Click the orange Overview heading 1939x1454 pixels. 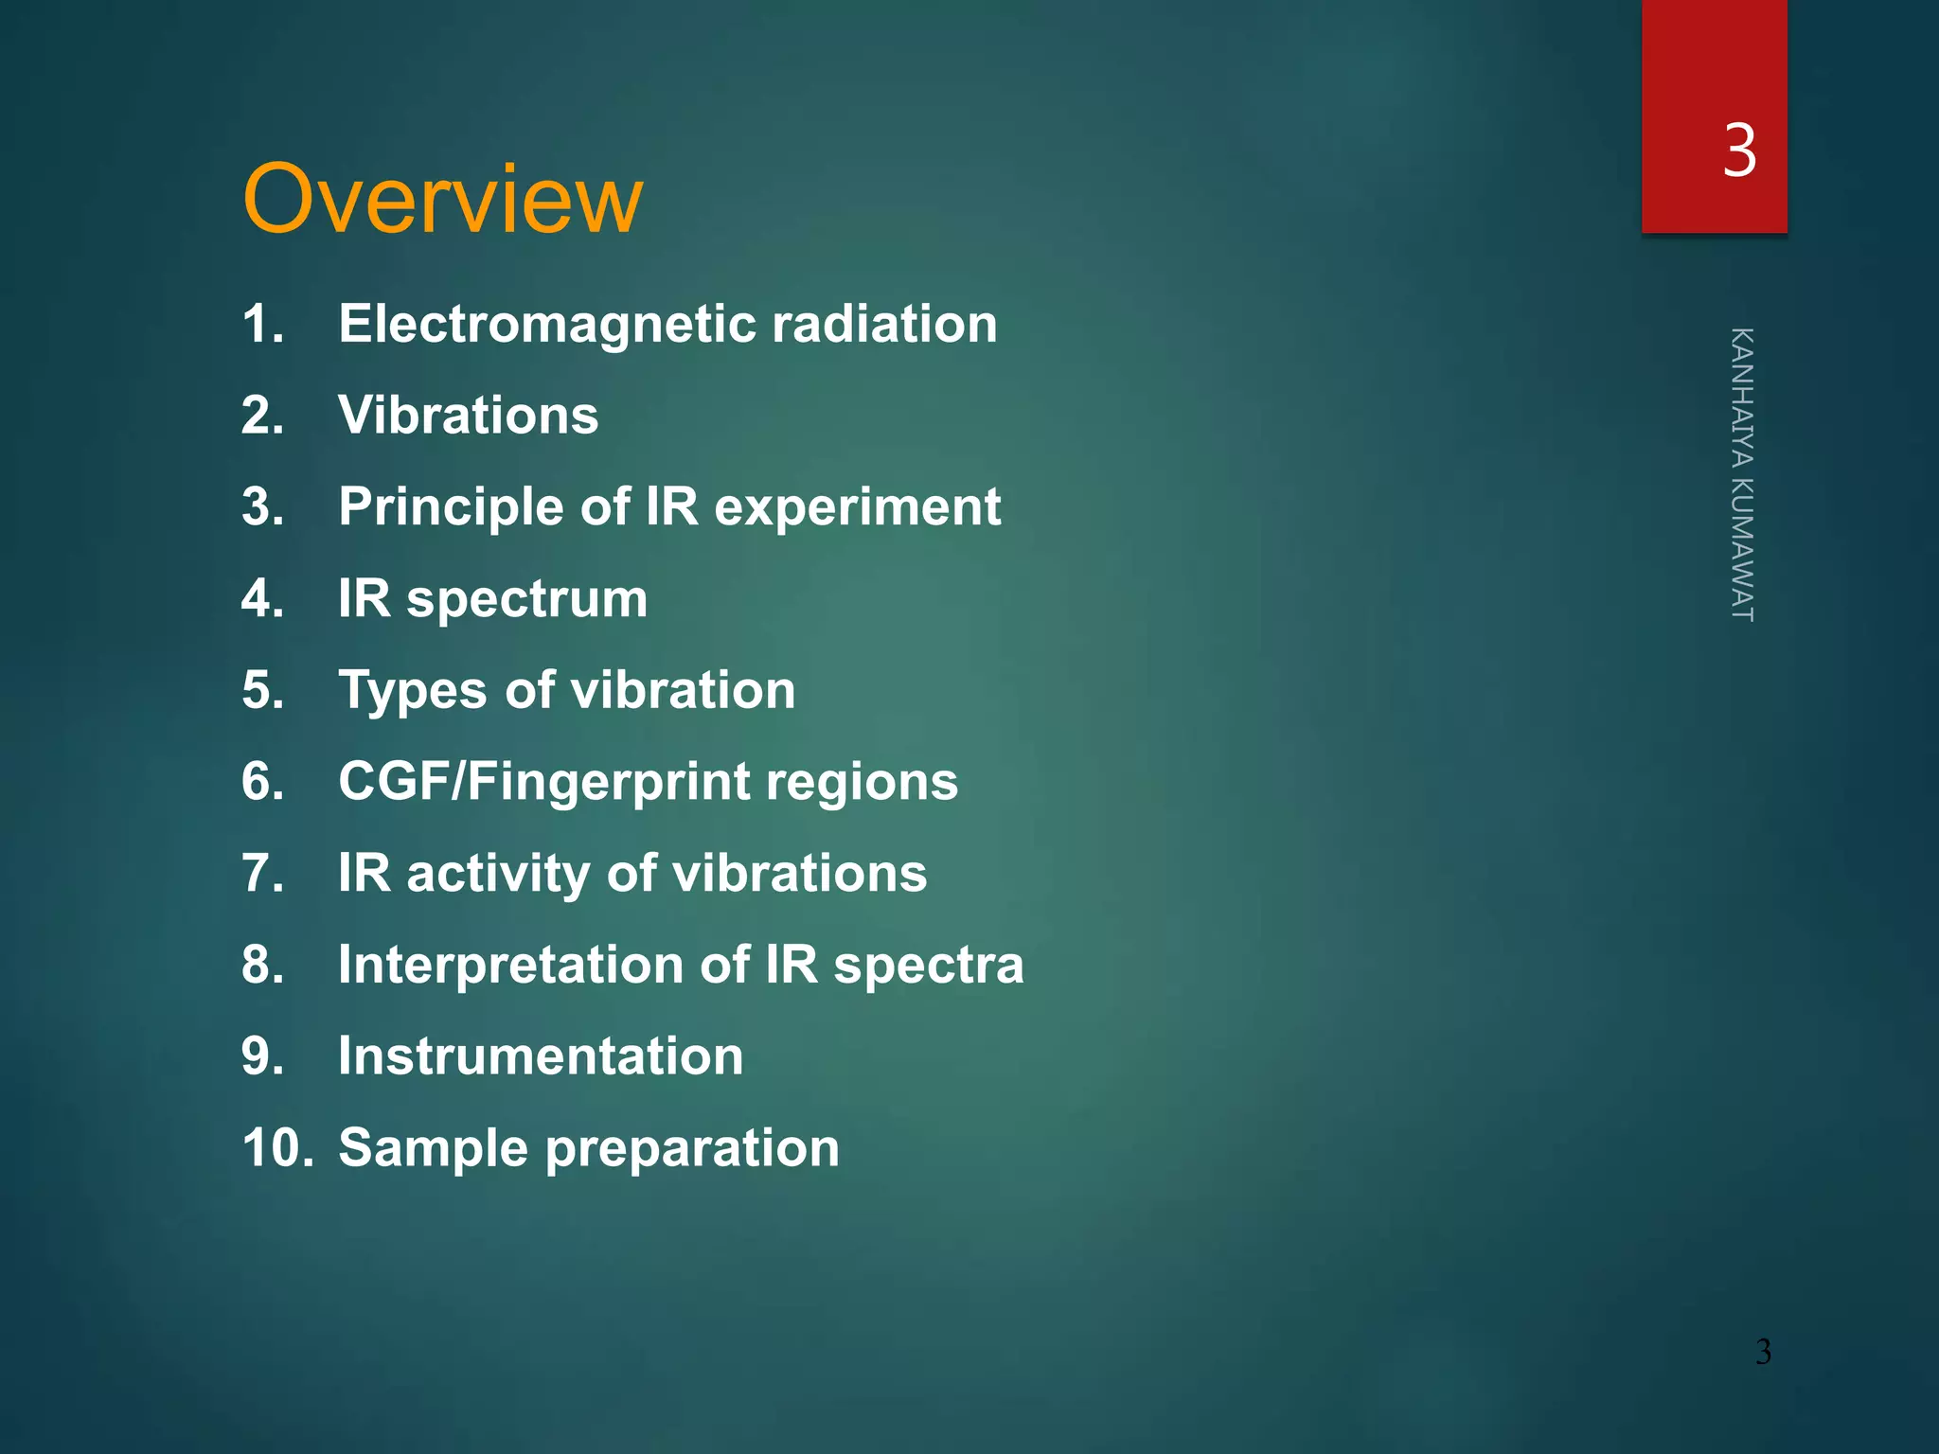pyautogui.click(x=442, y=200)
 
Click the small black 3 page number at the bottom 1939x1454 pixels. pyautogui.click(x=1763, y=1352)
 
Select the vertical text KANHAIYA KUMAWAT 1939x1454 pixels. pyautogui.click(x=1742, y=474)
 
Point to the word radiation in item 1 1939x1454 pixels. pyautogui.click(x=884, y=325)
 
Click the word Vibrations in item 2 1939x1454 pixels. pyautogui.click(x=469, y=416)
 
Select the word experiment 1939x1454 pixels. pyautogui.click(x=857, y=507)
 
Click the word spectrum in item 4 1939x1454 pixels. pyautogui.click(x=526, y=599)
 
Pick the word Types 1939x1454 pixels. pyautogui.click(x=413, y=691)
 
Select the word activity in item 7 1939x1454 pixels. pyautogui.click(x=498, y=874)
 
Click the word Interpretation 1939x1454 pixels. pyautogui.click(x=510, y=965)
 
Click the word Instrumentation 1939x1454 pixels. pyautogui.click(x=541, y=1056)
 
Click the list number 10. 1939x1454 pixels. pyautogui.click(x=277, y=1147)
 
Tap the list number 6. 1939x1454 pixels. pyautogui.click(x=262, y=782)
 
